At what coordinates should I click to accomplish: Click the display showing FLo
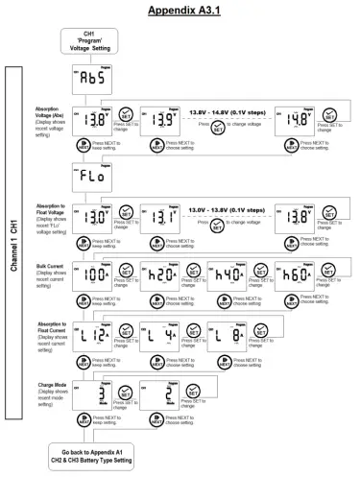point(94,179)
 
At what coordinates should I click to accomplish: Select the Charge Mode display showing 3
point(94,394)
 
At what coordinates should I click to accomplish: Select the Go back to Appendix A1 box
point(94,455)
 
